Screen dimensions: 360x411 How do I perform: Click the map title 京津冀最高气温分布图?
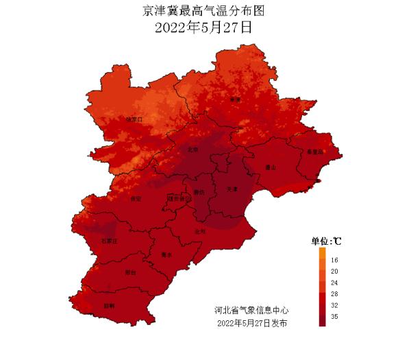point(203,12)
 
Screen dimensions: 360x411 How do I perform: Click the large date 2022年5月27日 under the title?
point(203,29)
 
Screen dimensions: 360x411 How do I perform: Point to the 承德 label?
point(236,100)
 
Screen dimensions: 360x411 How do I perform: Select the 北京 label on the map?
point(193,149)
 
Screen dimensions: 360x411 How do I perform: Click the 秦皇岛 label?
point(314,152)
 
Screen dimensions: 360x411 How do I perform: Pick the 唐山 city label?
point(270,167)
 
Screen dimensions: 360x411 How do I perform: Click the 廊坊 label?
point(199,192)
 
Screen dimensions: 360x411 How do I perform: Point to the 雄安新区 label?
point(176,198)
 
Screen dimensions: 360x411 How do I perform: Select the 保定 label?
point(134,199)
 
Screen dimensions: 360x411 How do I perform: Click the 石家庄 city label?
point(110,241)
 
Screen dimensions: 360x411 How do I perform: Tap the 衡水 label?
point(166,254)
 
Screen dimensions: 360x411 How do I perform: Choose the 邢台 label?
point(130,272)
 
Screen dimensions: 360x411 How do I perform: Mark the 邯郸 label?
point(110,306)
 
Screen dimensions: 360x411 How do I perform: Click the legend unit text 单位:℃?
point(326,241)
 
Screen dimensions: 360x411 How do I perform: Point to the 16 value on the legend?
point(334,261)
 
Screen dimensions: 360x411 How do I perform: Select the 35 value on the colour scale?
point(334,317)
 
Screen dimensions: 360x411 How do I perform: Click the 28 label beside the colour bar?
point(334,293)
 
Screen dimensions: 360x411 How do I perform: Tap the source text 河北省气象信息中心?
point(251,311)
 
